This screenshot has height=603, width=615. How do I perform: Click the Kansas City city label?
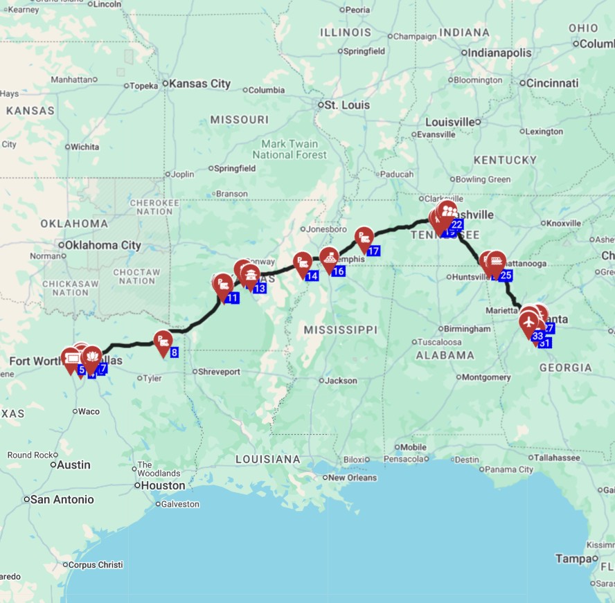tap(199, 84)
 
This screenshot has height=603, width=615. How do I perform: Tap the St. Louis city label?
tap(348, 105)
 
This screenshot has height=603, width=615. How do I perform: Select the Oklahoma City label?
tap(102, 245)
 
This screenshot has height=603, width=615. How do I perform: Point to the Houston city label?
tap(163, 486)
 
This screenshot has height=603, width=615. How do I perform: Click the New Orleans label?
tap(353, 478)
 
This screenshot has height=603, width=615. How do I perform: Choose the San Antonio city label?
tap(62, 499)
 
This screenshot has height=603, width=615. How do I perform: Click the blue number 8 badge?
tap(174, 352)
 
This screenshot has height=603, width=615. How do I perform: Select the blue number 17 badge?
tap(373, 251)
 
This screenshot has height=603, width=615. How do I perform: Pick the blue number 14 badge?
tap(312, 276)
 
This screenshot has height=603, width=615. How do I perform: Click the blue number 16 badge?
tap(338, 271)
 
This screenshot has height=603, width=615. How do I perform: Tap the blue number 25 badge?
tap(505, 276)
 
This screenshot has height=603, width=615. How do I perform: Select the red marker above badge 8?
tap(163, 341)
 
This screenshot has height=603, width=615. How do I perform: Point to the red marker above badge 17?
tap(364, 239)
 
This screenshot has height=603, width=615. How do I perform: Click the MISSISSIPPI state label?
tap(339, 330)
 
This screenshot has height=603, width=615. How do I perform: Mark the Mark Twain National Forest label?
tap(289, 150)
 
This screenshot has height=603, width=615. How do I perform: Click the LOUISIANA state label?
tap(268, 459)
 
